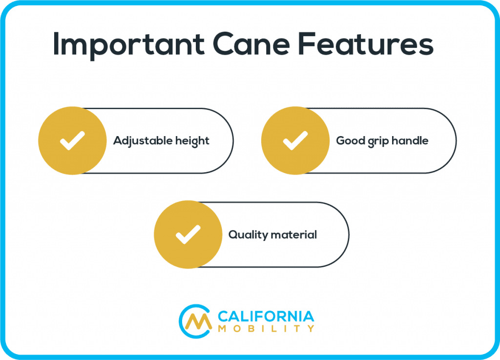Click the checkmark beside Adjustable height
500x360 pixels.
coord(72,140)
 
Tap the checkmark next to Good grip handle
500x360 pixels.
coord(295,140)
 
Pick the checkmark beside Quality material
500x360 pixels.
coord(188,235)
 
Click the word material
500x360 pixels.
coord(294,235)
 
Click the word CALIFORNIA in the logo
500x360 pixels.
coord(266,317)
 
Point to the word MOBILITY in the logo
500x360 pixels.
coord(266,328)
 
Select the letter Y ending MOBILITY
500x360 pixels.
coord(311,328)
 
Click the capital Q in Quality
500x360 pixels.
coord(234,235)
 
